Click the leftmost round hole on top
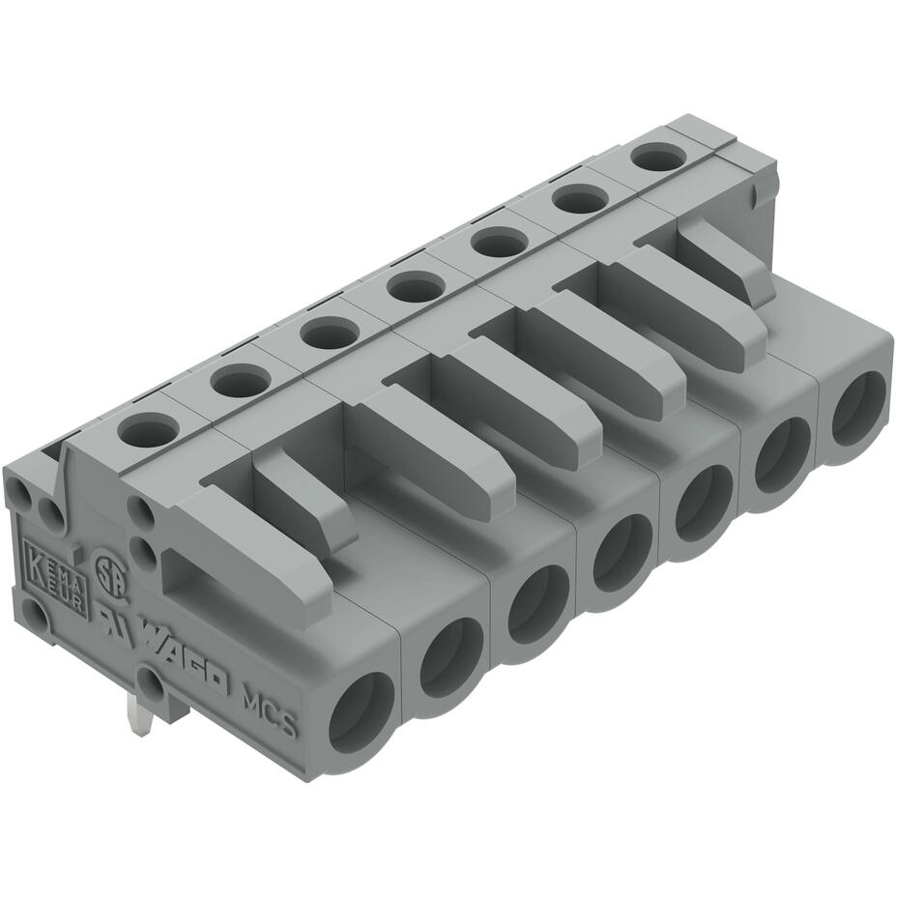point(149,427)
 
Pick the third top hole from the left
point(329,333)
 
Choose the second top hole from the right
point(579,199)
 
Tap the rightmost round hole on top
point(658,156)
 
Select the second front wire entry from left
point(451,657)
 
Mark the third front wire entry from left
point(538,604)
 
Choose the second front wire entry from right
point(783,454)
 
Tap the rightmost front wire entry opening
point(858,409)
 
